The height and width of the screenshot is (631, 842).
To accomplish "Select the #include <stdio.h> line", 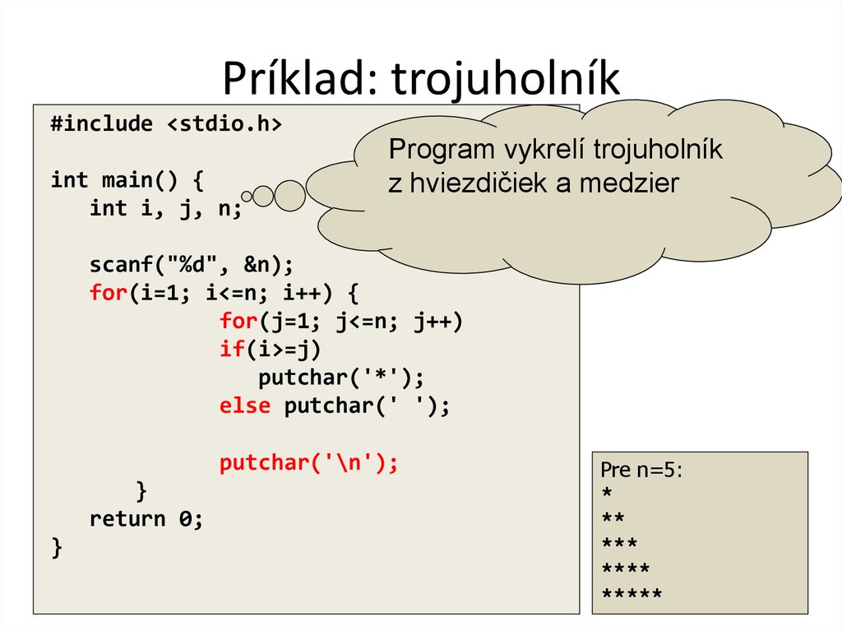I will (x=165, y=124).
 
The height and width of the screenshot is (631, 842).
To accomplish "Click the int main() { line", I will (x=127, y=179).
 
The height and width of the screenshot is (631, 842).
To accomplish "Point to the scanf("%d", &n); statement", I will (x=191, y=265).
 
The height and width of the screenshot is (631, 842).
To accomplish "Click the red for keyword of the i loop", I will (x=107, y=293).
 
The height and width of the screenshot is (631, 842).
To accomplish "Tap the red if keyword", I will (x=231, y=349).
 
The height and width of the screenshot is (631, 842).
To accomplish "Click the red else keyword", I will (x=244, y=406).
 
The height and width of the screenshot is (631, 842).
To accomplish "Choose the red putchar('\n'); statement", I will (x=308, y=463).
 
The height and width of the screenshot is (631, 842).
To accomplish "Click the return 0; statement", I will (x=146, y=519).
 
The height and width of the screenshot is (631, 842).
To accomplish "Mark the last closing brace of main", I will (x=56, y=547).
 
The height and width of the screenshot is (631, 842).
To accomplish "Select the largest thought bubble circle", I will (x=289, y=195).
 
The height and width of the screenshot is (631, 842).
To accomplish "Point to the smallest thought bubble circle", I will (x=248, y=195).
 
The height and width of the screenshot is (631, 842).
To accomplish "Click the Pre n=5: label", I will (x=642, y=470).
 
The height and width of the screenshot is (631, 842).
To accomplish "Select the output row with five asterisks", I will (x=631, y=594).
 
